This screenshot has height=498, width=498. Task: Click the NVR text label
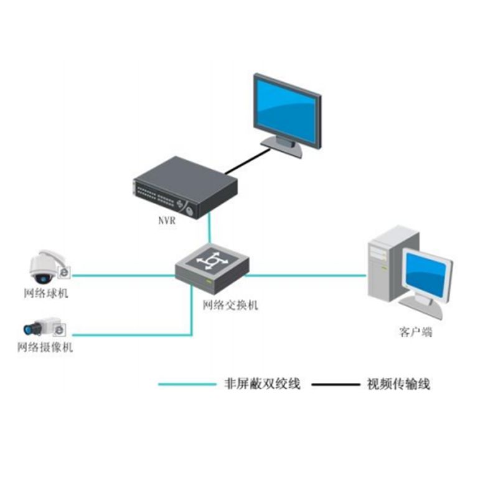166,220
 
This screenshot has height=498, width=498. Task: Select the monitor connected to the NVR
287,112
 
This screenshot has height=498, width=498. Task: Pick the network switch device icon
211,268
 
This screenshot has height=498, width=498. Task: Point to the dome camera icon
46,267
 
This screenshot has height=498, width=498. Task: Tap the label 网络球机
45,294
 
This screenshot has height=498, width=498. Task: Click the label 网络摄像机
45,347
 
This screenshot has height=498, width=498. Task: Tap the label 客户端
416,332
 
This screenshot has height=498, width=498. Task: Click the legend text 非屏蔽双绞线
262,383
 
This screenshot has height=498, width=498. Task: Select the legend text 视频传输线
399,383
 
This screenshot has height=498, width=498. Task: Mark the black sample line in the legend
336,384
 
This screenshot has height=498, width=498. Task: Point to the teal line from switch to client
305,275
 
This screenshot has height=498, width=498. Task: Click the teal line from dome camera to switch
125,275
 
